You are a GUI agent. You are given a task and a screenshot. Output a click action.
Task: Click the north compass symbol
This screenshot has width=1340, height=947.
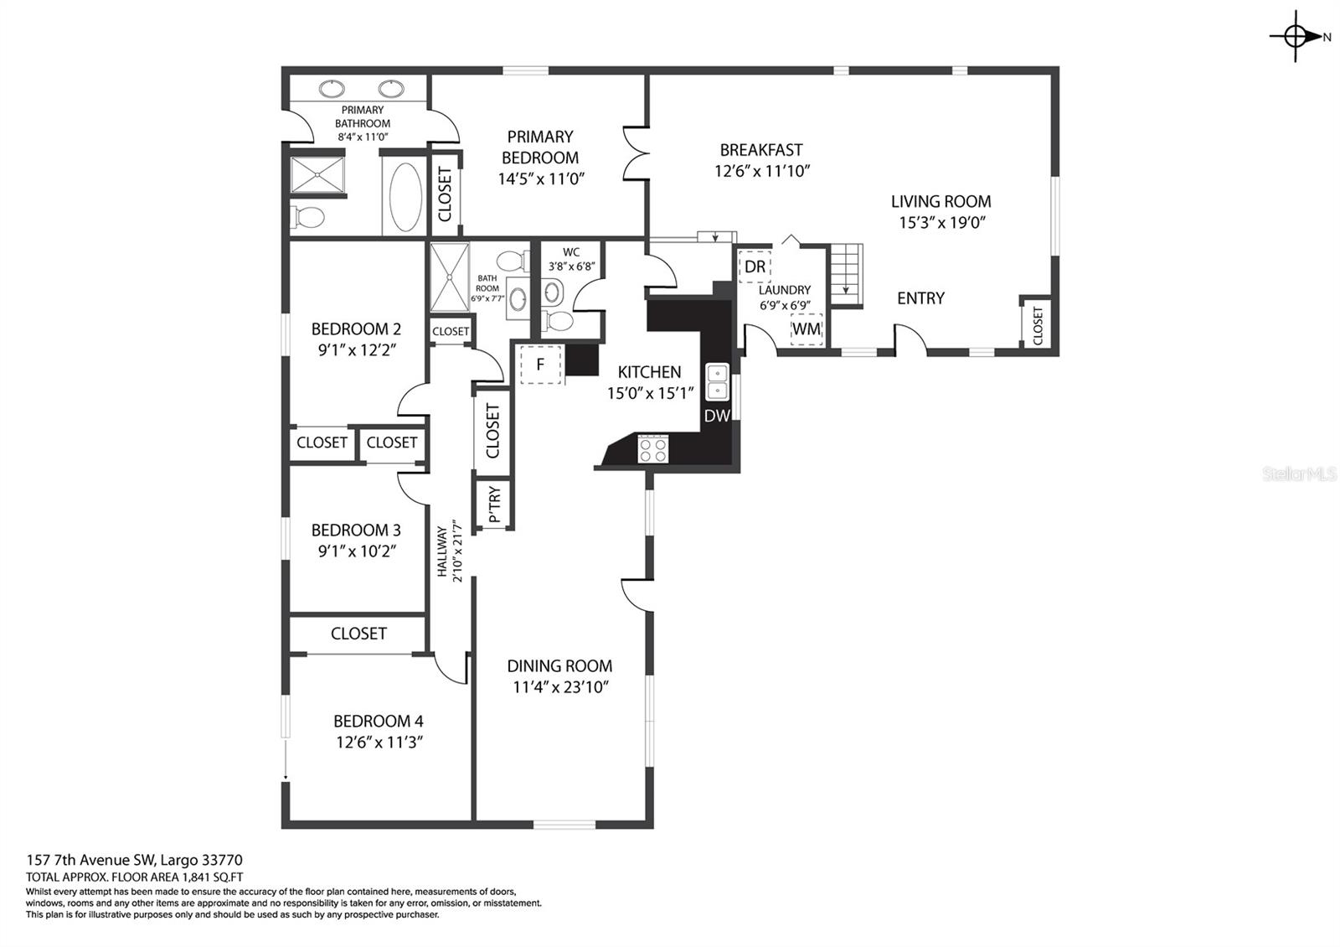tap(1295, 37)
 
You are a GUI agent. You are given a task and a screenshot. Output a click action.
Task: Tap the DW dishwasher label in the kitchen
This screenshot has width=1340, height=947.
tap(717, 416)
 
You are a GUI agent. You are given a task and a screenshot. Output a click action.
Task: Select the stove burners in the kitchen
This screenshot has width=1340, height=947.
tap(652, 449)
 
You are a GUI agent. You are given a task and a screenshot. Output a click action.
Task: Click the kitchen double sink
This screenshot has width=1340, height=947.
tap(717, 382)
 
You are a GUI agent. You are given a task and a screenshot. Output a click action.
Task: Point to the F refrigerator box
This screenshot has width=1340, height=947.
tap(540, 364)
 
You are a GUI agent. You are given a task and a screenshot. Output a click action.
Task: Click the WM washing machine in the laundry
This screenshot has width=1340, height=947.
tap(807, 329)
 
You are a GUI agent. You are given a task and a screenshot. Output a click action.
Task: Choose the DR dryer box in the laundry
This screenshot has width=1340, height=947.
tap(755, 267)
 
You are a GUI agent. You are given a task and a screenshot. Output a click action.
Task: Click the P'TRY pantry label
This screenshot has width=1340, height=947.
tap(494, 504)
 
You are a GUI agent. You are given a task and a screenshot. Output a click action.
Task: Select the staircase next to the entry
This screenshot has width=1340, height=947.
tap(845, 275)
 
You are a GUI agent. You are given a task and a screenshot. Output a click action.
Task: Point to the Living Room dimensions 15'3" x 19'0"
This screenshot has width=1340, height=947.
tap(941, 223)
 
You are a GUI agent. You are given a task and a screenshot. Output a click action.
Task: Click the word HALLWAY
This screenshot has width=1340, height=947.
tap(442, 551)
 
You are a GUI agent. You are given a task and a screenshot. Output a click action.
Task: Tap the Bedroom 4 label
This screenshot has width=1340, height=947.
tap(379, 721)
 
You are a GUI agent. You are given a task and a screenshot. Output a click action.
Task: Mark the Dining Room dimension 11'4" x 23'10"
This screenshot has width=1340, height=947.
tap(560, 687)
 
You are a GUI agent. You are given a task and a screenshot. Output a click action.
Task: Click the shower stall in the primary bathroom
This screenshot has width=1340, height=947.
tap(317, 175)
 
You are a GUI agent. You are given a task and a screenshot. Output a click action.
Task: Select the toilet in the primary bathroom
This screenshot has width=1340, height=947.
tap(307, 217)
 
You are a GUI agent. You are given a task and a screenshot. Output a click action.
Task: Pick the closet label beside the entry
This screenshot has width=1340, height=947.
tap(1038, 326)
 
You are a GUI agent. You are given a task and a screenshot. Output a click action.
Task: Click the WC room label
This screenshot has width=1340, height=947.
tap(571, 252)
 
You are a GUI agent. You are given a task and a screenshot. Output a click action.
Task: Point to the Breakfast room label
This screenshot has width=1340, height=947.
tap(761, 150)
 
